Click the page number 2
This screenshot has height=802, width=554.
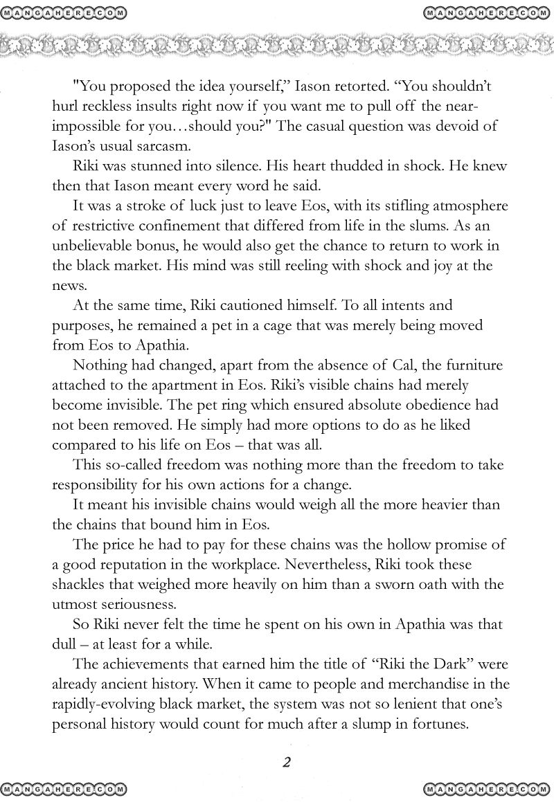tap(286, 762)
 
